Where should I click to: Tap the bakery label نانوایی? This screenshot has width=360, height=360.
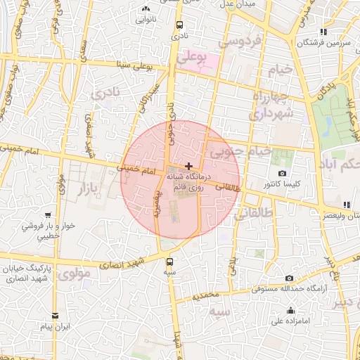[146, 20]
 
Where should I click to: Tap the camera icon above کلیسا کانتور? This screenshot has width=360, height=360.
[282, 173]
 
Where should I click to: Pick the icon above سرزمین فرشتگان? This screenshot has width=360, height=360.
[323, 32]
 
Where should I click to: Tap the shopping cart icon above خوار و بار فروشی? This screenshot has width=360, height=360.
[47, 215]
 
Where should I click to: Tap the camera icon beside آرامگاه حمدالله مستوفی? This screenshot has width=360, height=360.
[289, 278]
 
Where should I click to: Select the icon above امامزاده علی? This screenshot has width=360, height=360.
[290, 311]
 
